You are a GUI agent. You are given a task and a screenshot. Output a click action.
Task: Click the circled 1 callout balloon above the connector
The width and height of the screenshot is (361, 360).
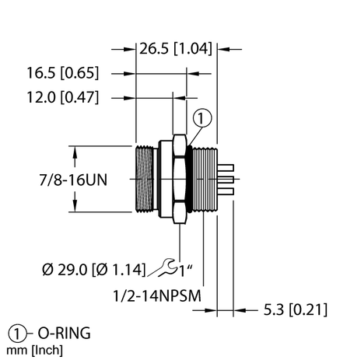pos(202,119)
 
